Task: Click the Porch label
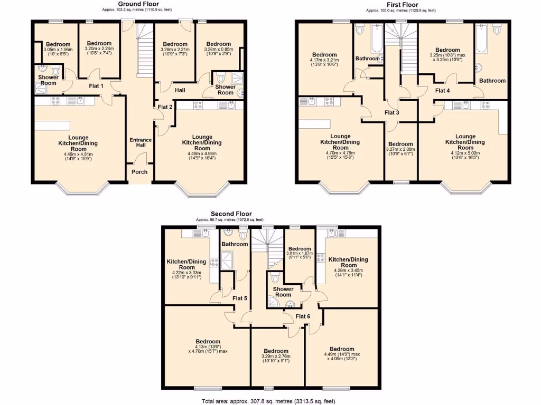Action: coord(140,172)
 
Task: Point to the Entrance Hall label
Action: coord(141,142)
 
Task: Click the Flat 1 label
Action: coord(96,85)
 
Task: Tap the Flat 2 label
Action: coord(165,107)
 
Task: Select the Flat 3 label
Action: coord(392,112)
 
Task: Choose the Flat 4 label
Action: coord(443,90)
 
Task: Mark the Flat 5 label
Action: coord(240,298)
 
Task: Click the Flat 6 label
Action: coord(303,316)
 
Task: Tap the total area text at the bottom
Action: coord(268,401)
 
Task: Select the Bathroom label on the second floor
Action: coord(235,244)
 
